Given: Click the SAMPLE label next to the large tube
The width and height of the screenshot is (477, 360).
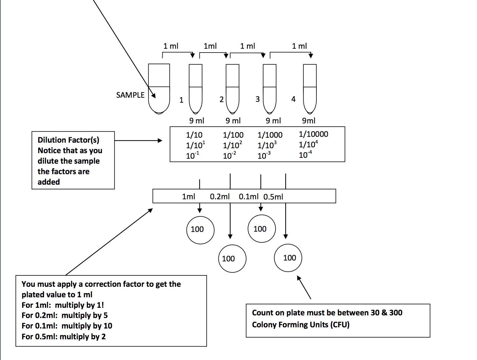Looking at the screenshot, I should [x=130, y=95].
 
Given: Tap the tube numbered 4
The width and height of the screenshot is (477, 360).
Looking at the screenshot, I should [x=310, y=89].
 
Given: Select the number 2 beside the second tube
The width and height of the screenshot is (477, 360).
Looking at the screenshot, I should [x=222, y=99].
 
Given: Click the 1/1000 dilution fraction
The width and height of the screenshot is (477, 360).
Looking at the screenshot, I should [x=270, y=135].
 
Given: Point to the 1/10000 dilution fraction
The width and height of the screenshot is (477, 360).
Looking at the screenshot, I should [x=313, y=134].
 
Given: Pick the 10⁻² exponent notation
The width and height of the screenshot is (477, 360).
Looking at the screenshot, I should [x=229, y=155].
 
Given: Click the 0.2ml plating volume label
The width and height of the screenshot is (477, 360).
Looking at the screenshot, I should [x=220, y=197].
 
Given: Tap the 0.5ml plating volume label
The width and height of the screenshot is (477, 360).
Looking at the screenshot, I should [x=273, y=197].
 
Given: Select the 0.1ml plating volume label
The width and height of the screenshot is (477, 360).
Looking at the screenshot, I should [x=248, y=197].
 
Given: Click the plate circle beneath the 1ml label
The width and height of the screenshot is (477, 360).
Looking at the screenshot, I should [x=200, y=230].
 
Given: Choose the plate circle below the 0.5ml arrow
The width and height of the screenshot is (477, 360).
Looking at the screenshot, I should [x=288, y=258].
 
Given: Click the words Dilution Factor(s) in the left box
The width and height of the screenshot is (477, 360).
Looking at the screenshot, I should [x=68, y=140].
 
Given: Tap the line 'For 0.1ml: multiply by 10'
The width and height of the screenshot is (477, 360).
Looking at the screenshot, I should [x=67, y=326].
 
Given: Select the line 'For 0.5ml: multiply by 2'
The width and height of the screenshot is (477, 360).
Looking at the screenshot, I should [x=64, y=337].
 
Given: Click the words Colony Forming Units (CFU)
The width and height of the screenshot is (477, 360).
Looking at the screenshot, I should [x=301, y=325].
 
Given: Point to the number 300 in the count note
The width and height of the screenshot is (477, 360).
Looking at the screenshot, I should [x=396, y=313].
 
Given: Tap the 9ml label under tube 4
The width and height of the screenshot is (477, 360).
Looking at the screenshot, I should [x=309, y=121].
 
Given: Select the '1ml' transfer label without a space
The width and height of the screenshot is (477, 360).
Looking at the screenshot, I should [x=210, y=46].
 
